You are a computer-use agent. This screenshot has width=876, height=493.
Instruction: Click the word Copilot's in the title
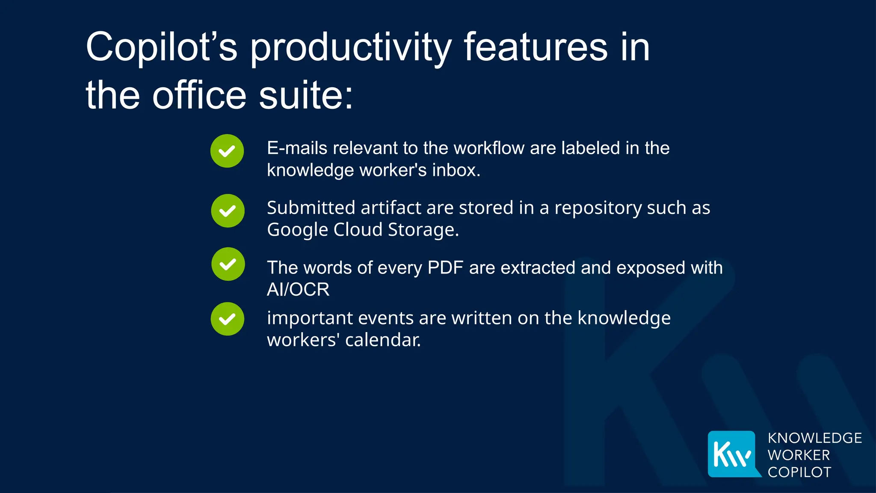[161, 47]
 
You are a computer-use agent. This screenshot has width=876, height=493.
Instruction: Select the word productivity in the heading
[351, 48]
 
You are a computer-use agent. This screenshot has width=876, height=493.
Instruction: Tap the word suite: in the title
[306, 95]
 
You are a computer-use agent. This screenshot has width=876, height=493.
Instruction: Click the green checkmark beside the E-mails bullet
[227, 151]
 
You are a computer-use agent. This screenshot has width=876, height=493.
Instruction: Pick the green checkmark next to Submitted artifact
[228, 211]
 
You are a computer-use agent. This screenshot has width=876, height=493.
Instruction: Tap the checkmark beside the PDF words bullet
[228, 264]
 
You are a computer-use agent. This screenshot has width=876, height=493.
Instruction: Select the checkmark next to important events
[228, 319]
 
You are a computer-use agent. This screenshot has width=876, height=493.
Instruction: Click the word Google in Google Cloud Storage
[297, 230]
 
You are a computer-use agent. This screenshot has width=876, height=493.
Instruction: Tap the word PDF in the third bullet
[445, 268]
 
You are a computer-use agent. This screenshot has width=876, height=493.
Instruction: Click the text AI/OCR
[298, 290]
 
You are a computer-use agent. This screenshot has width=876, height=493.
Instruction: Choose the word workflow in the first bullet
[489, 148]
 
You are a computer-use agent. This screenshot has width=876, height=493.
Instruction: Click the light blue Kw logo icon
[732, 454]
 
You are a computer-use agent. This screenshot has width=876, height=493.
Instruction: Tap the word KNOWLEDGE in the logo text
[814, 438]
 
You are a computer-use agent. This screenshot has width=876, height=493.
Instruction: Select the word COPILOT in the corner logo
[799, 472]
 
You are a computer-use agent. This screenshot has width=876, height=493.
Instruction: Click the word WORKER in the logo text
[799, 455]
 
